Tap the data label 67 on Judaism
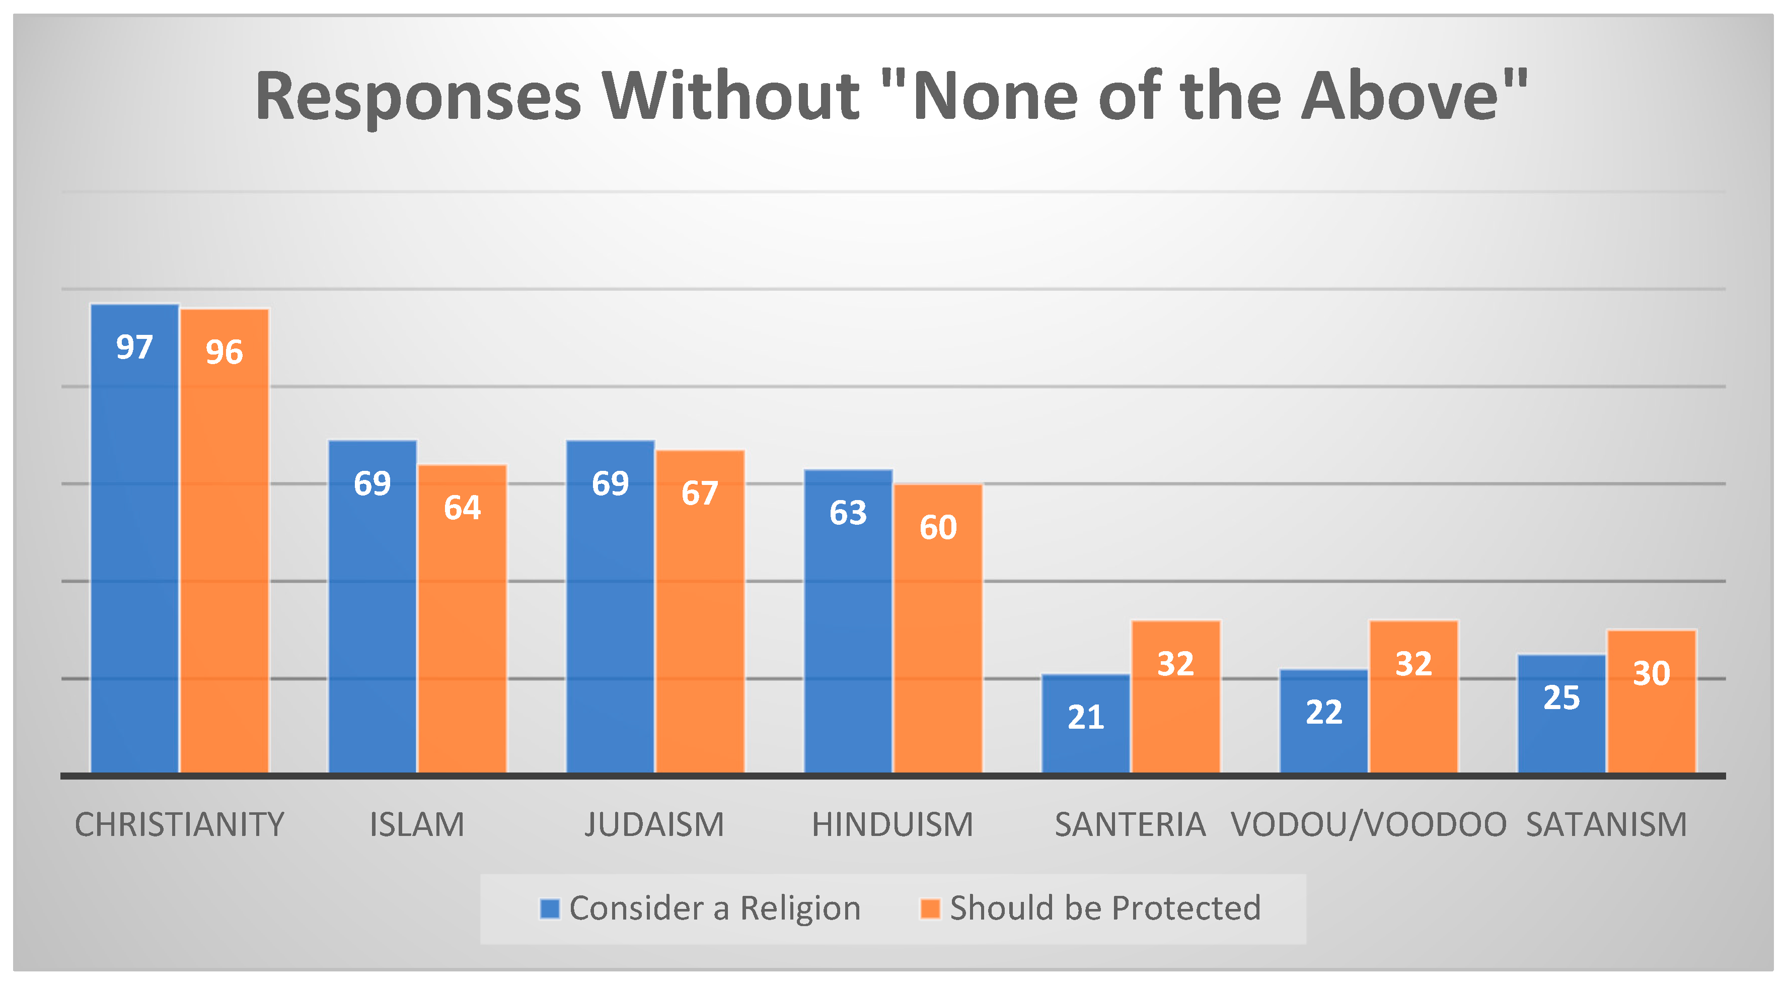pos(700,493)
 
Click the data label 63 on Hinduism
pos(848,513)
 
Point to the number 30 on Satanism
pos(1652,673)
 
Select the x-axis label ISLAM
pos(417,824)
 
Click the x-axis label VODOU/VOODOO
pos(1369,824)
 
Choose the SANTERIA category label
pos(1130,824)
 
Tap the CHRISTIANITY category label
pos(180,824)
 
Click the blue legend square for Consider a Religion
pos(550,908)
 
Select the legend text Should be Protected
pos(1105,908)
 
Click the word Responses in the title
pos(418,97)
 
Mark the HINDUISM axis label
pos(892,824)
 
